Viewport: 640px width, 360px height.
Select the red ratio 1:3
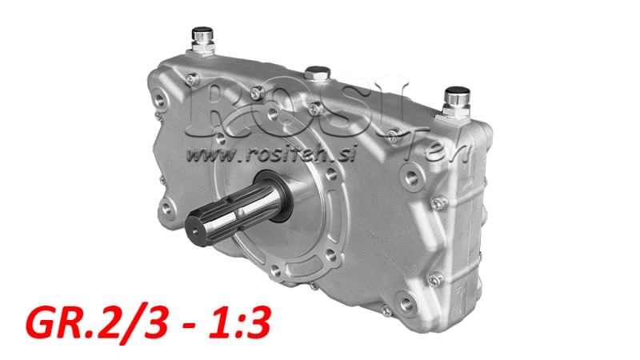(x=241, y=322)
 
